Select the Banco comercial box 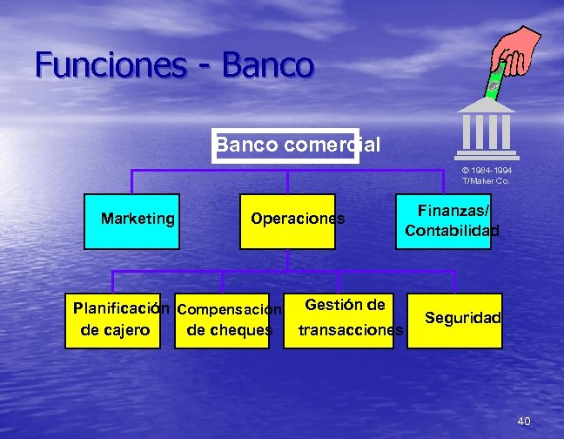click(x=285, y=145)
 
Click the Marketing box click(x=137, y=219)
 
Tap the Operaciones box click(x=287, y=220)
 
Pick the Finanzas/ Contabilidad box click(x=452, y=221)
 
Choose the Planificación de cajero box click(x=117, y=320)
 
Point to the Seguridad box click(x=460, y=319)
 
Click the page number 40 click(x=523, y=422)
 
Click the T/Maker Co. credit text click(x=486, y=180)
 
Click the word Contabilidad click(x=452, y=231)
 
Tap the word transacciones click(x=350, y=330)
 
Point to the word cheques click(x=230, y=330)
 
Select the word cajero click(x=115, y=330)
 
